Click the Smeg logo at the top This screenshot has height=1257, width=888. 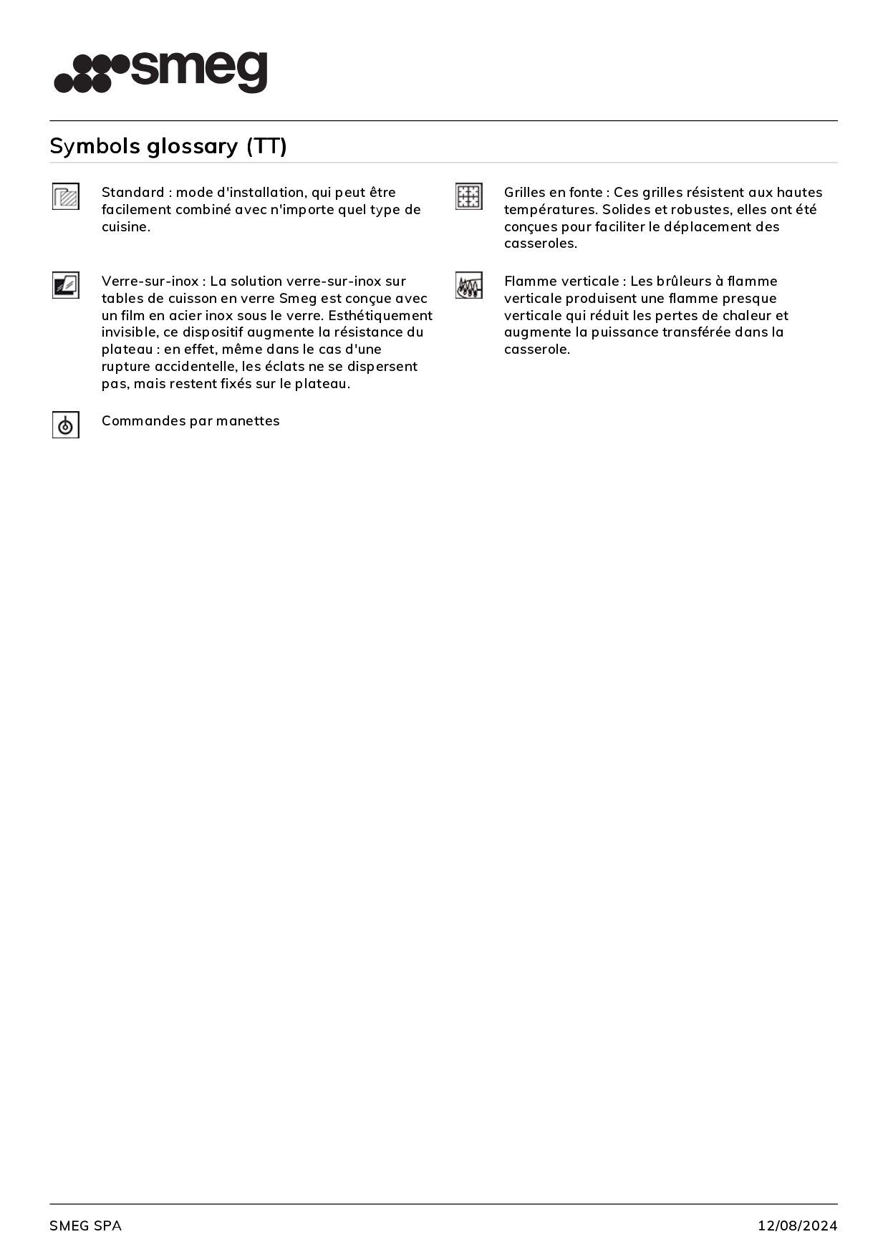pyautogui.click(x=160, y=72)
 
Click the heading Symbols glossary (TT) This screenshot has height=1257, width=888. pyautogui.click(x=168, y=146)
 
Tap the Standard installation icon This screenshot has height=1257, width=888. pyautogui.click(x=66, y=196)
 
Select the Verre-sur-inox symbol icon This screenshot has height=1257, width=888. pyautogui.click(x=66, y=285)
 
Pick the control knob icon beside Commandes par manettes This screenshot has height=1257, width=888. pyautogui.click(x=66, y=425)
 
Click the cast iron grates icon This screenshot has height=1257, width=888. pyautogui.click(x=469, y=196)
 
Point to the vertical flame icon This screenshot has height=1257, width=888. pyautogui.click(x=469, y=285)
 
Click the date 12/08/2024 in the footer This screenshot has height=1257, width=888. pyautogui.click(x=797, y=1225)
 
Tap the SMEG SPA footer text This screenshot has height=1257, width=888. pyautogui.click(x=85, y=1225)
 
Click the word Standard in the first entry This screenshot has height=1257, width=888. pyautogui.click(x=132, y=192)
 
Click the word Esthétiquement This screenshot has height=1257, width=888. pyautogui.click(x=380, y=315)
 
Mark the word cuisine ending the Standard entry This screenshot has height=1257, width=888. pyautogui.click(x=125, y=226)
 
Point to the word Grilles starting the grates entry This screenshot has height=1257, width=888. pyautogui.click(x=525, y=192)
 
